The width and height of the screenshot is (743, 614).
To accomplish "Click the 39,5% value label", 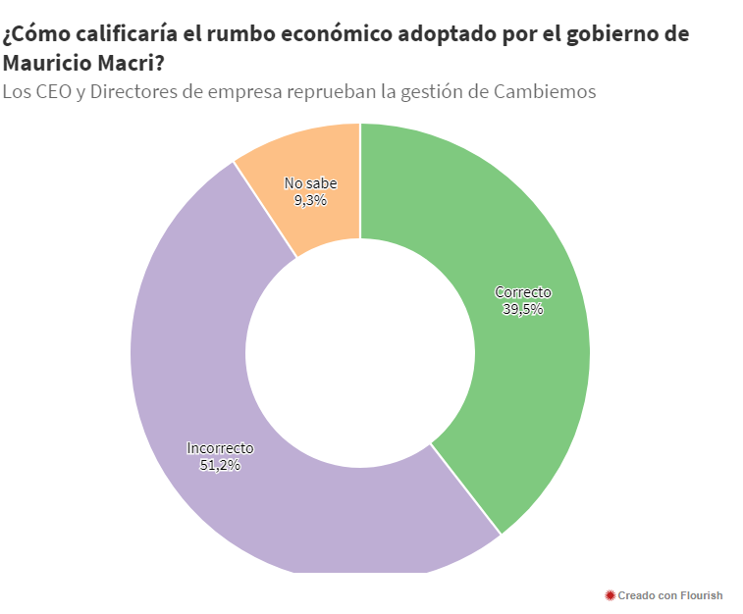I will point(523,309).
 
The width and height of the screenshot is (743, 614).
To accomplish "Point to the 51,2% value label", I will point(220,465).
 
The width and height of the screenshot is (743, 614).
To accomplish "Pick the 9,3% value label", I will point(310,199).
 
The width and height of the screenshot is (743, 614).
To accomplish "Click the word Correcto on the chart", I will point(523,292).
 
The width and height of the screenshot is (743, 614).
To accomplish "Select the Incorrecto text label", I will point(220,448).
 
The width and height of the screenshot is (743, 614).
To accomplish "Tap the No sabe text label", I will point(310,183).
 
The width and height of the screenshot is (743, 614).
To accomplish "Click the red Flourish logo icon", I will point(610,595).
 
